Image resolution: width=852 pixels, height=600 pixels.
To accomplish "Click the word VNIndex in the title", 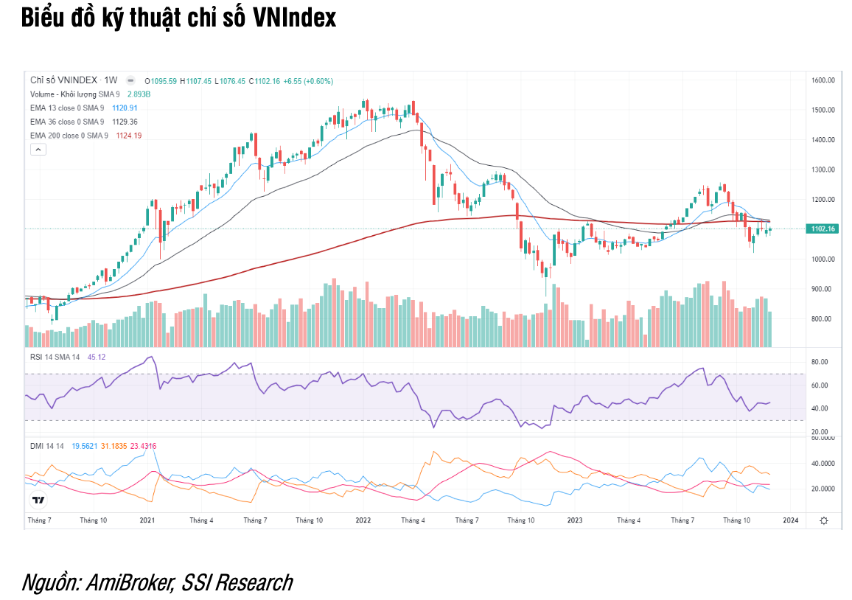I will (x=294, y=18).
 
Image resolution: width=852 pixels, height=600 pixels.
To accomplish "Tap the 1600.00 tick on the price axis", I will (x=822, y=80).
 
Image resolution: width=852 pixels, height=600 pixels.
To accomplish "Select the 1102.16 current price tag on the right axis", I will (x=823, y=229).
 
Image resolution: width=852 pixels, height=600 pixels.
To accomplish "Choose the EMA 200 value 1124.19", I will (x=128, y=135).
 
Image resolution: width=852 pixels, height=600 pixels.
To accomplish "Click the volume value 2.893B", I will (x=139, y=94).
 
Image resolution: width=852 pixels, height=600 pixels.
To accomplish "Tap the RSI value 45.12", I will (x=97, y=357).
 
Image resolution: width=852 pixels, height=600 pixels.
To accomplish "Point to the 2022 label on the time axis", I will (x=363, y=520).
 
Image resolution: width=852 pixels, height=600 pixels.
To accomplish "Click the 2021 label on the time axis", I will (x=147, y=520).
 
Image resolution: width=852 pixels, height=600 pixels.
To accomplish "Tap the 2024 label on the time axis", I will (x=790, y=520).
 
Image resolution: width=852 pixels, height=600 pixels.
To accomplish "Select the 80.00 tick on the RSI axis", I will (x=820, y=362).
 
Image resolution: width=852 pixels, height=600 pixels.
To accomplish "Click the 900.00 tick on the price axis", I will (x=822, y=289).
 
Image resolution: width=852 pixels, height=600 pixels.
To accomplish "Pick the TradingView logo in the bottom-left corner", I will (x=38, y=500).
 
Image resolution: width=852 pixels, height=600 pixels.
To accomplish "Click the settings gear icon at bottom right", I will (x=823, y=520).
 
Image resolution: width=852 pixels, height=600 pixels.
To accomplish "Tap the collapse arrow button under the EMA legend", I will (x=38, y=149).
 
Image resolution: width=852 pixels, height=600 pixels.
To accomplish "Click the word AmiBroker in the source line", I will (x=130, y=582).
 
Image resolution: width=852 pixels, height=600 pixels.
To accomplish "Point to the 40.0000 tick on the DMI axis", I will (x=823, y=464).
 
